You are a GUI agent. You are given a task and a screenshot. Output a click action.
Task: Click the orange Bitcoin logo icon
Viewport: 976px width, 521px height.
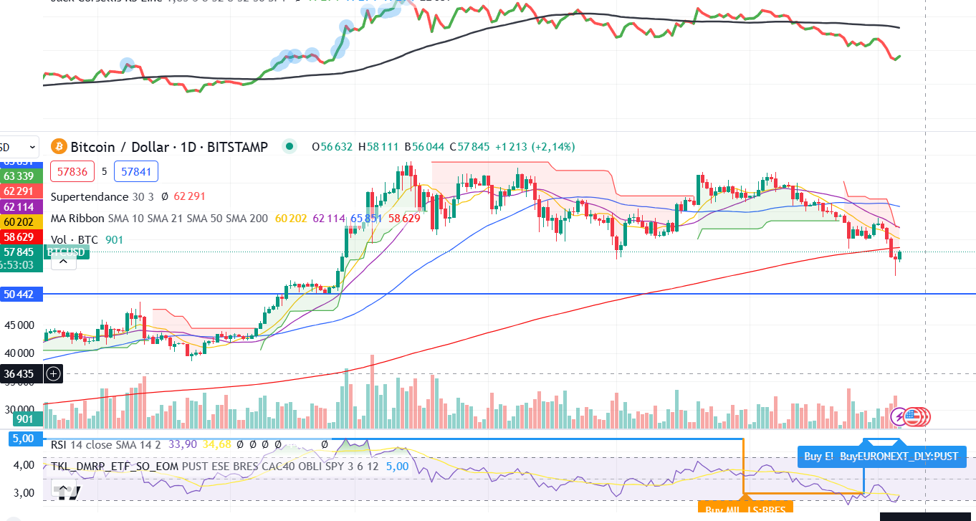click(x=59, y=147)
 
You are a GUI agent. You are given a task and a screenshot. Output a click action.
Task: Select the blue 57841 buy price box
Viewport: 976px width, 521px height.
click(x=135, y=172)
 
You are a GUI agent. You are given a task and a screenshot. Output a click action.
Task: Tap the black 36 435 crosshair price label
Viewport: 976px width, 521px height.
click(x=20, y=373)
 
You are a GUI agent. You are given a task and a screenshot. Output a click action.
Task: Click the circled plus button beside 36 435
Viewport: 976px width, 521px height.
click(x=53, y=373)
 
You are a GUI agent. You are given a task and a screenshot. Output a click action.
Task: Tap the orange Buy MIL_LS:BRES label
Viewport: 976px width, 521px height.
click(x=745, y=510)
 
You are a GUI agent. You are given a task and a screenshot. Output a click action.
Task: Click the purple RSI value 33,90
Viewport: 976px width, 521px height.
click(x=182, y=444)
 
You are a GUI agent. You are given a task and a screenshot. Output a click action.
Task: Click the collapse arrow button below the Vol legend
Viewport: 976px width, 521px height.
click(x=63, y=262)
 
